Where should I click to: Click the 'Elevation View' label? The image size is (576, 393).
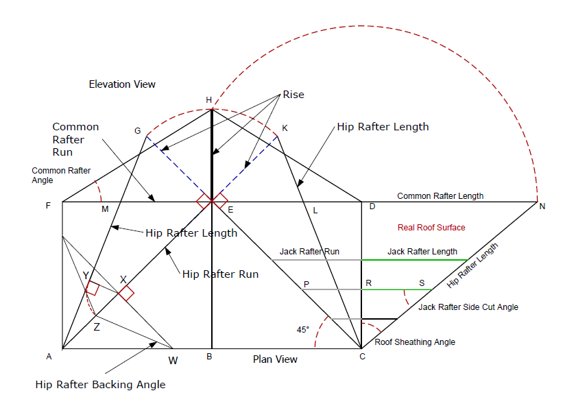coord(122,84)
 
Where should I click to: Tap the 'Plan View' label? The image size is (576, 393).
coord(275,359)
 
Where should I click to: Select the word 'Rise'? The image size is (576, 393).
coord(293,95)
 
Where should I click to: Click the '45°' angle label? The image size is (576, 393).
coord(303,330)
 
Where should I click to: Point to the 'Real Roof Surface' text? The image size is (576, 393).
coord(431,227)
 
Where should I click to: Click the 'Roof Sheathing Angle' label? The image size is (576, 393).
coord(415,342)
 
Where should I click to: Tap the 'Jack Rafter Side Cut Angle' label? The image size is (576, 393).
coord(468,307)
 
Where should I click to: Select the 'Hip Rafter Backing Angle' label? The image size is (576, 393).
coord(100,385)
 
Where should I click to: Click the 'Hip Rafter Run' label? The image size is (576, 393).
coord(220,274)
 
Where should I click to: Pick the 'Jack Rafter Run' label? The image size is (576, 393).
coord(309,252)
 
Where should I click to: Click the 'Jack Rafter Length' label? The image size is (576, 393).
coord(422,252)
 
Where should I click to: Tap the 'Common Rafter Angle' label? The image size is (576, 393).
coord(61,176)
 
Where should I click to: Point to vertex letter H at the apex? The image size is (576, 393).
coord(209,100)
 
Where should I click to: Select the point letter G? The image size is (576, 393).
coord(137,130)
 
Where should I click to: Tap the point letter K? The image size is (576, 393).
coord(285,128)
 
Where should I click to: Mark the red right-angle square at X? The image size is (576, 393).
coord(125,293)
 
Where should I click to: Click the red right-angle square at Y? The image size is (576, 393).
coord(93,289)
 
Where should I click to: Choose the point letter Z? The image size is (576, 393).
coord(97,327)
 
